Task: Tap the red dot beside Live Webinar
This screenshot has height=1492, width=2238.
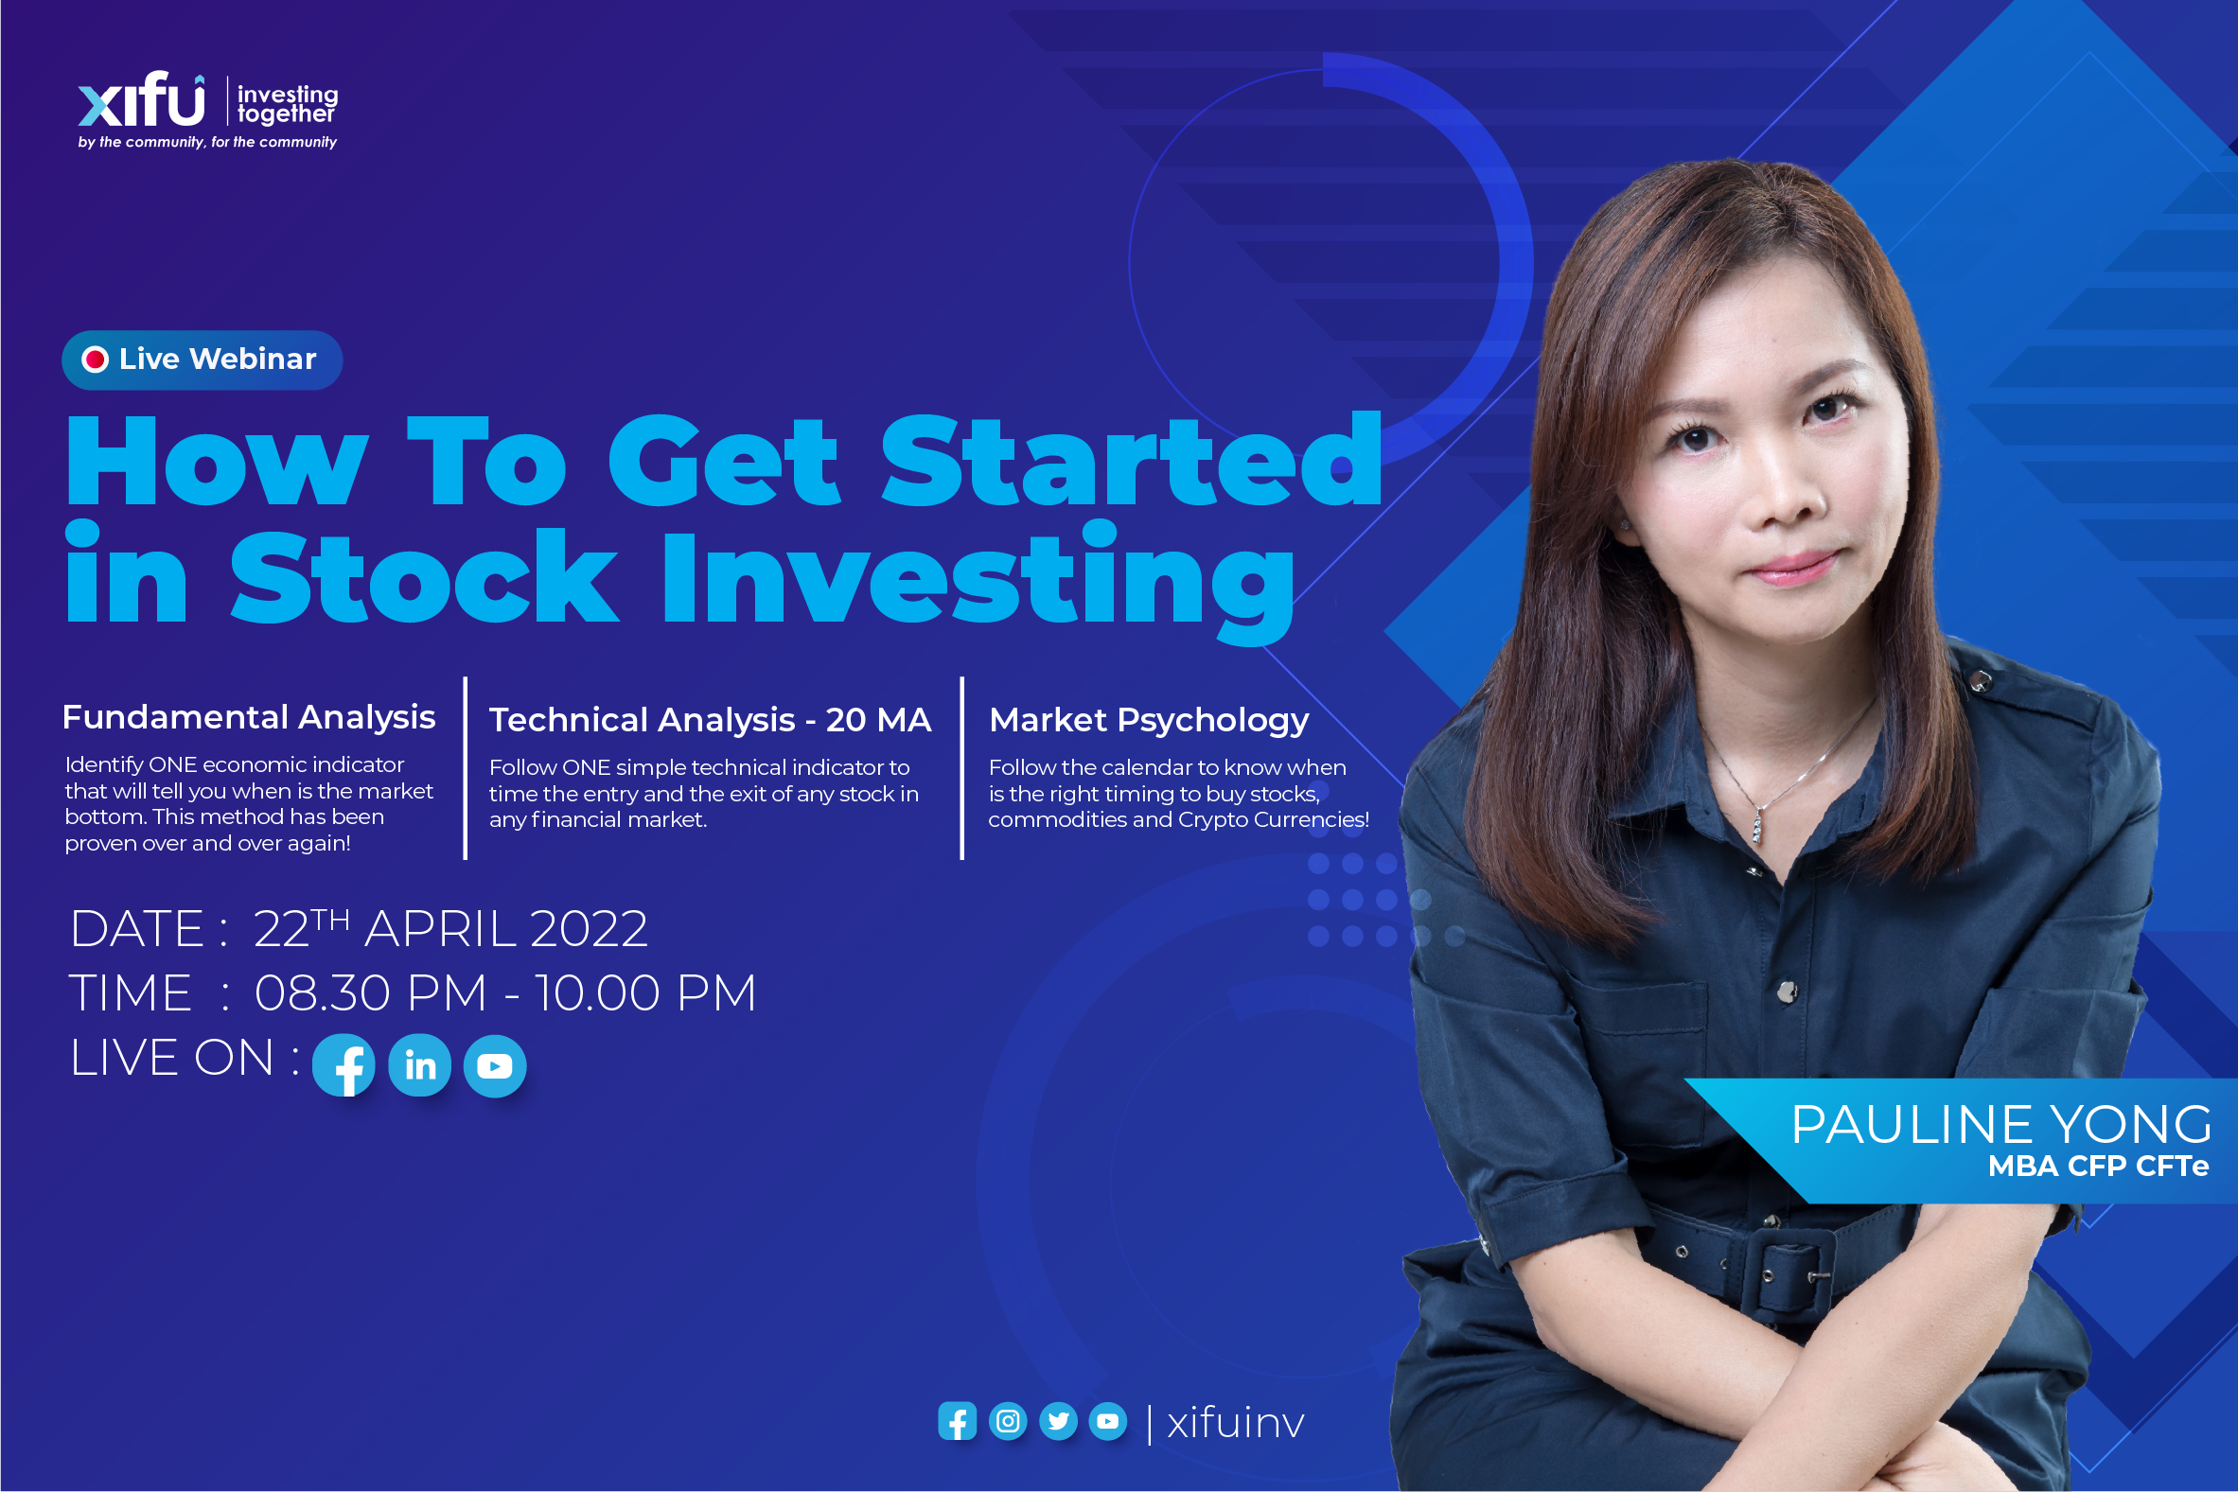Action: (96, 360)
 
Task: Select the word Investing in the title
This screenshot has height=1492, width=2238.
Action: (978, 581)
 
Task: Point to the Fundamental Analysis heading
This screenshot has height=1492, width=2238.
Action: (248, 716)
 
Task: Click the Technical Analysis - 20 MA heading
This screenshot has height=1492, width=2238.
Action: (710, 719)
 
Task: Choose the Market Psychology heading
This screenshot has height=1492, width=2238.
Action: (1149, 720)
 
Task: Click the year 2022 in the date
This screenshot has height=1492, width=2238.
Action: (589, 929)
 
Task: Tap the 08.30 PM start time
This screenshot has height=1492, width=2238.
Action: (370, 993)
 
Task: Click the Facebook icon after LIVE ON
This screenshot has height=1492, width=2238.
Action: (344, 1065)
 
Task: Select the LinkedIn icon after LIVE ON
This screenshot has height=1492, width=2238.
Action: (419, 1065)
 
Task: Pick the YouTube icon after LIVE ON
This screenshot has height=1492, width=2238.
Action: (495, 1065)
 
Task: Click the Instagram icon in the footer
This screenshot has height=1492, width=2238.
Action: (1008, 1422)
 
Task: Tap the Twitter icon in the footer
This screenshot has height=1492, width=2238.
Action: (1058, 1422)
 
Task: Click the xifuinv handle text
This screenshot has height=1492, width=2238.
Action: (1235, 1423)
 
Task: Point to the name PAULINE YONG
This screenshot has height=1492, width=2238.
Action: (2000, 1125)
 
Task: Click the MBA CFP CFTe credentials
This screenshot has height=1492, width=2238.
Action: (2097, 1167)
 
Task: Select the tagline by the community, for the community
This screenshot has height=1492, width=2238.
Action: (207, 142)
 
